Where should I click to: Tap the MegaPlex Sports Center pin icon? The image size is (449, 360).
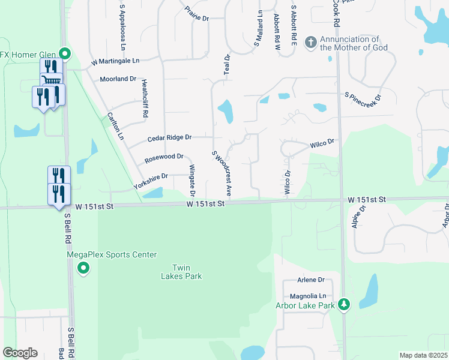click(x=83, y=267)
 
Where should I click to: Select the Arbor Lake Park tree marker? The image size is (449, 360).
click(x=343, y=305)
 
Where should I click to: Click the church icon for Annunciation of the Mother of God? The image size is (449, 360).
click(x=310, y=42)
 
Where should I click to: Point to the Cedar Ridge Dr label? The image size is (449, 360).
click(x=169, y=138)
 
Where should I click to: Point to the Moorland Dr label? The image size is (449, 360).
click(x=118, y=79)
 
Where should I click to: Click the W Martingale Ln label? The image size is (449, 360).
click(x=115, y=61)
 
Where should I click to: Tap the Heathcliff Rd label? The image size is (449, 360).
click(x=145, y=100)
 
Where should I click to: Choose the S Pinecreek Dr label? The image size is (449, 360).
click(x=363, y=95)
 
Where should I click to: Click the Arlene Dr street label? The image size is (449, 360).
click(x=311, y=280)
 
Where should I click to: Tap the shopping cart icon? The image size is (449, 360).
click(x=52, y=80)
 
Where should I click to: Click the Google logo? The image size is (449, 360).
click(x=20, y=353)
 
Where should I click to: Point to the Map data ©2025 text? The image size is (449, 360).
click(x=423, y=355)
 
